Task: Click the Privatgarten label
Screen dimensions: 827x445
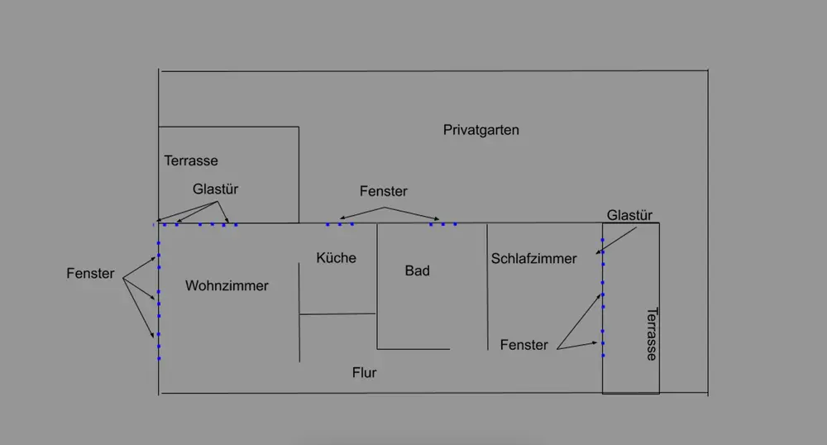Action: point(481,130)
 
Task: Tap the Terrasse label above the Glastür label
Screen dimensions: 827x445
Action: point(191,160)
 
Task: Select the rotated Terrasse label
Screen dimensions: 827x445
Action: point(652,334)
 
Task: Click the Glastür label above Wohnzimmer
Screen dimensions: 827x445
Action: point(215,189)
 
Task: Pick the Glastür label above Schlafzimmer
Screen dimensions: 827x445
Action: point(629,215)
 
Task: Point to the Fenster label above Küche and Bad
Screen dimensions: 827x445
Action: point(384,191)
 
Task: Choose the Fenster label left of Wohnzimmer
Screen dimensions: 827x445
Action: point(90,274)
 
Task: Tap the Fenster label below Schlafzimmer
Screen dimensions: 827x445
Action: point(523,346)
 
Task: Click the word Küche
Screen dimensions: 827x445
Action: point(336,258)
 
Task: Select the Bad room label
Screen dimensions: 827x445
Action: point(417,271)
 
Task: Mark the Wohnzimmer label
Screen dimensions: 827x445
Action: point(227,285)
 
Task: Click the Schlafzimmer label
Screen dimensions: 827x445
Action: point(533,259)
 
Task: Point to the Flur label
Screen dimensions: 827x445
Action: point(365,373)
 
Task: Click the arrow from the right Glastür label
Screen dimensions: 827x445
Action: point(617,241)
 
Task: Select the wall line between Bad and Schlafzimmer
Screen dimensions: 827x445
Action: point(487,287)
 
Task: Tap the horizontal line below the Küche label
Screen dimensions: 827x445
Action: point(337,314)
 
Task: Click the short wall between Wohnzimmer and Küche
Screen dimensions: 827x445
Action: point(299,312)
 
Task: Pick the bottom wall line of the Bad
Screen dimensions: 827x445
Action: point(413,349)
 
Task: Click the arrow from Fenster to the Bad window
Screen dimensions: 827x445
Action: point(412,213)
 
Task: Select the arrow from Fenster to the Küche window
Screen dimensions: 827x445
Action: point(362,213)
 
